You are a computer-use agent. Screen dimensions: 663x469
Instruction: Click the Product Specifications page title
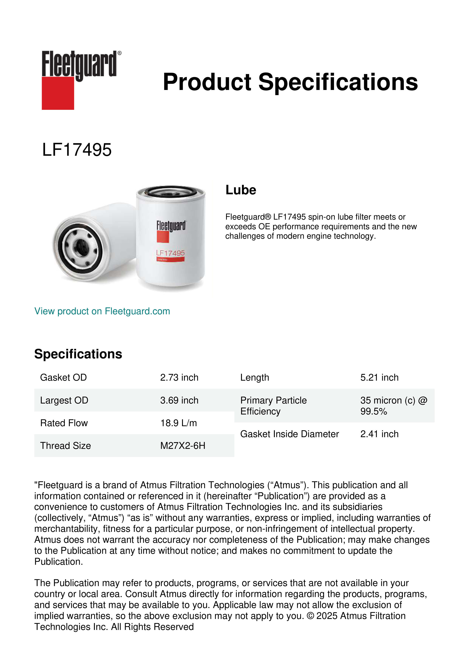290,82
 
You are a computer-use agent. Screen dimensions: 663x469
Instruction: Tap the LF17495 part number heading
77,150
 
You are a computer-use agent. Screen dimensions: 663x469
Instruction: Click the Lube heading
241,190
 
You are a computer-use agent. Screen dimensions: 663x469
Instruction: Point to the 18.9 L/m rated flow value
178,423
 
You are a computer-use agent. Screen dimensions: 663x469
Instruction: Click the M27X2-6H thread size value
183,446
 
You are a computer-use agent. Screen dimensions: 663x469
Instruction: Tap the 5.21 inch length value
379,377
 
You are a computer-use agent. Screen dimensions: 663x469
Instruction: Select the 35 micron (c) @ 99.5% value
393,406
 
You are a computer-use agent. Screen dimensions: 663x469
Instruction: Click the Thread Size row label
66,446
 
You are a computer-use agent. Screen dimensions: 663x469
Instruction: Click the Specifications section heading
78,354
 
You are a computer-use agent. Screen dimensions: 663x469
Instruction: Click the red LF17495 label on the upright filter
170,253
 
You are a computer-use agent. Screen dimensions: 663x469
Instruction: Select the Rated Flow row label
64,423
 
